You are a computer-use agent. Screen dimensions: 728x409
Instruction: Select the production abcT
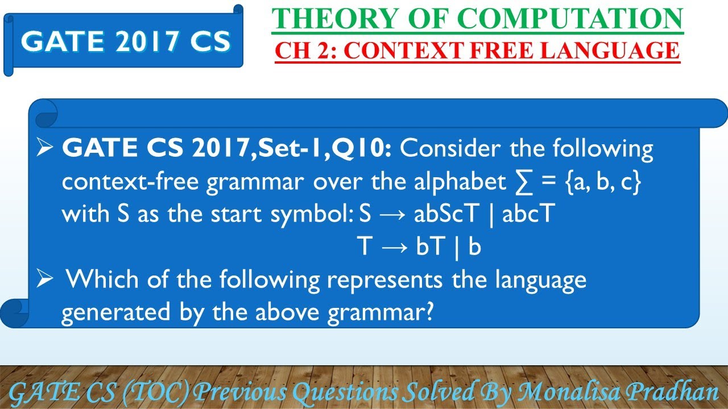point(528,213)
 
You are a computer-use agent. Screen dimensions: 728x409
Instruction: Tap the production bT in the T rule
point(429,247)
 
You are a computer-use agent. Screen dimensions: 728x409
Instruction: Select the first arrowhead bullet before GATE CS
point(45,147)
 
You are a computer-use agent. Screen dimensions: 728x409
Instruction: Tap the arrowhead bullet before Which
point(45,278)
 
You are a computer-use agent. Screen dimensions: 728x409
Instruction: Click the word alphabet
point(460,182)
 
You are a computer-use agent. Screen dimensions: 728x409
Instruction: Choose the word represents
point(385,281)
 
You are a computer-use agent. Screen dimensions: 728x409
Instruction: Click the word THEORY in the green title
point(336,19)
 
